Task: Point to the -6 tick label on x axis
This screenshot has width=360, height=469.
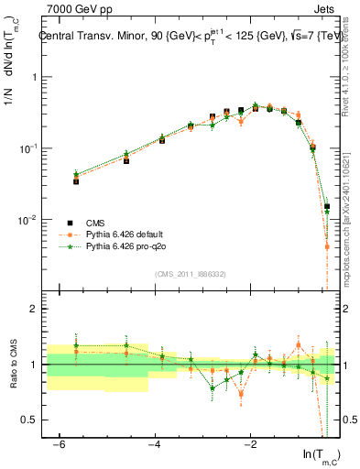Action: pos(59,444)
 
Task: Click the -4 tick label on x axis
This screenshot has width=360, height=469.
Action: pos(154,444)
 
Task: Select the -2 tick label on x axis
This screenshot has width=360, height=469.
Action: pos(249,444)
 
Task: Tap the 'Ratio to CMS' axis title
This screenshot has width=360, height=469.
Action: pos(12,364)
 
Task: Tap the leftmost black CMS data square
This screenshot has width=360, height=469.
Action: pos(76,181)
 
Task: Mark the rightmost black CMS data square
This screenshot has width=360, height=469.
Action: pos(326,207)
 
